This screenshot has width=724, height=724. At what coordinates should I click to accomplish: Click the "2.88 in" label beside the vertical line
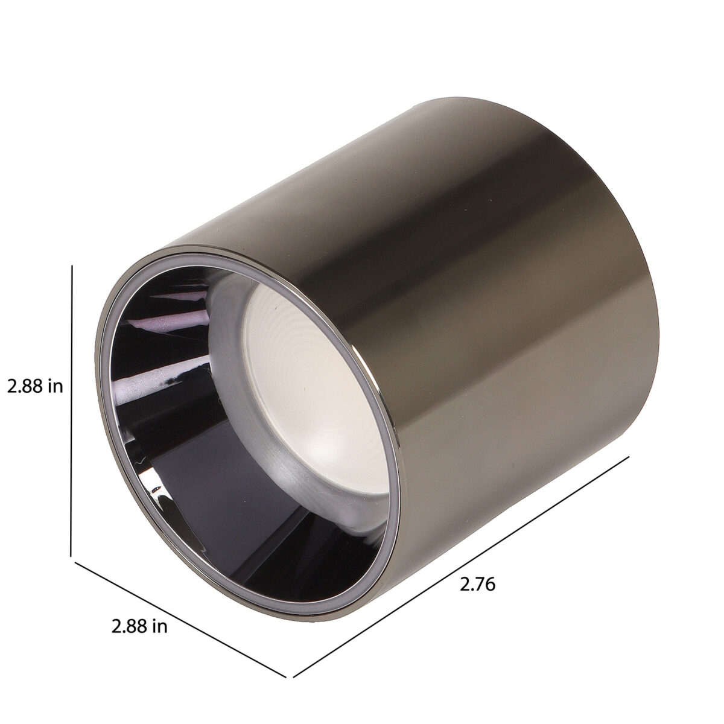point(35,387)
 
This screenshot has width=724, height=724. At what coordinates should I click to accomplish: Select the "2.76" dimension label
point(477,595)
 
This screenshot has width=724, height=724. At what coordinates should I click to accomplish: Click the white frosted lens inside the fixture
point(315,387)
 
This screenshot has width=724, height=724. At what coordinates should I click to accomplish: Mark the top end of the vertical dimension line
point(72,265)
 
